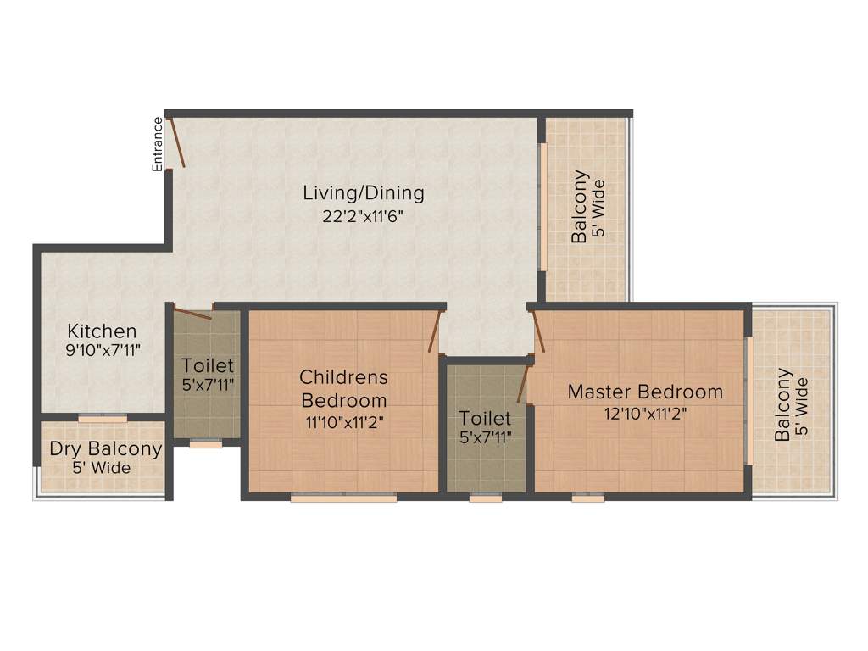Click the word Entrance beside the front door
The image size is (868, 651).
pyautogui.click(x=158, y=144)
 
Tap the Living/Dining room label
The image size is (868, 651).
pyautogui.click(x=364, y=193)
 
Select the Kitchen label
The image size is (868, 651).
pyautogui.click(x=102, y=331)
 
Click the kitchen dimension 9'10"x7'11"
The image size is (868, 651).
pyautogui.click(x=102, y=348)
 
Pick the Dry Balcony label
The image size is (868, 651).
pyautogui.click(x=105, y=449)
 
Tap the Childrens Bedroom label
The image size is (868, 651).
pyautogui.click(x=343, y=388)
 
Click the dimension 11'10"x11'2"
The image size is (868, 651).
pyautogui.click(x=343, y=421)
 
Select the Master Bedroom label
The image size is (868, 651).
pyautogui.click(x=645, y=392)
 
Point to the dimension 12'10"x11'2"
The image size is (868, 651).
pyautogui.click(x=646, y=414)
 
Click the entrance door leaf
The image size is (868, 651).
pyautogui.click(x=177, y=142)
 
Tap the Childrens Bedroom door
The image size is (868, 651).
pyautogui.click(x=435, y=331)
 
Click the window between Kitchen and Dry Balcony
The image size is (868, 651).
pyautogui.click(x=103, y=418)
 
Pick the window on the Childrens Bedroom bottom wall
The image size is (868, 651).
pyautogui.click(x=343, y=498)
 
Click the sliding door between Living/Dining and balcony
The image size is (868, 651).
pyautogui.click(x=542, y=208)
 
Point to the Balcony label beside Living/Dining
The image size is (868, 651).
pyautogui.click(x=580, y=208)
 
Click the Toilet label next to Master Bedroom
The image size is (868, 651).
pyautogui.click(x=486, y=419)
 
